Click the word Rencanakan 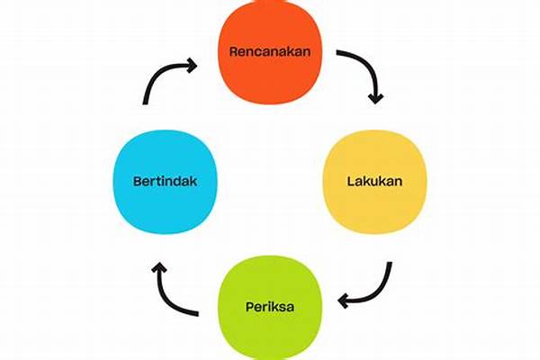pos(270,51)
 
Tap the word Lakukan pos(374,181)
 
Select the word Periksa pos(270,307)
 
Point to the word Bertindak pos(166,181)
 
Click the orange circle pos(270,51)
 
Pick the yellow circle pos(374,182)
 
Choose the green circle pos(270,307)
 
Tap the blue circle pos(166,182)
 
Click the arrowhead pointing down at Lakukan pos(375,98)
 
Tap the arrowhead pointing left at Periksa pos(343,301)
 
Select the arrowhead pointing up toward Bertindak pos(159,266)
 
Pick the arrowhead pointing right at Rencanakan pos(193,65)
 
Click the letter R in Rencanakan pos(234,51)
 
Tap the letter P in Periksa pos(250,307)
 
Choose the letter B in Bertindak pos(138,181)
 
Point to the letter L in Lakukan pos(351,181)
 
